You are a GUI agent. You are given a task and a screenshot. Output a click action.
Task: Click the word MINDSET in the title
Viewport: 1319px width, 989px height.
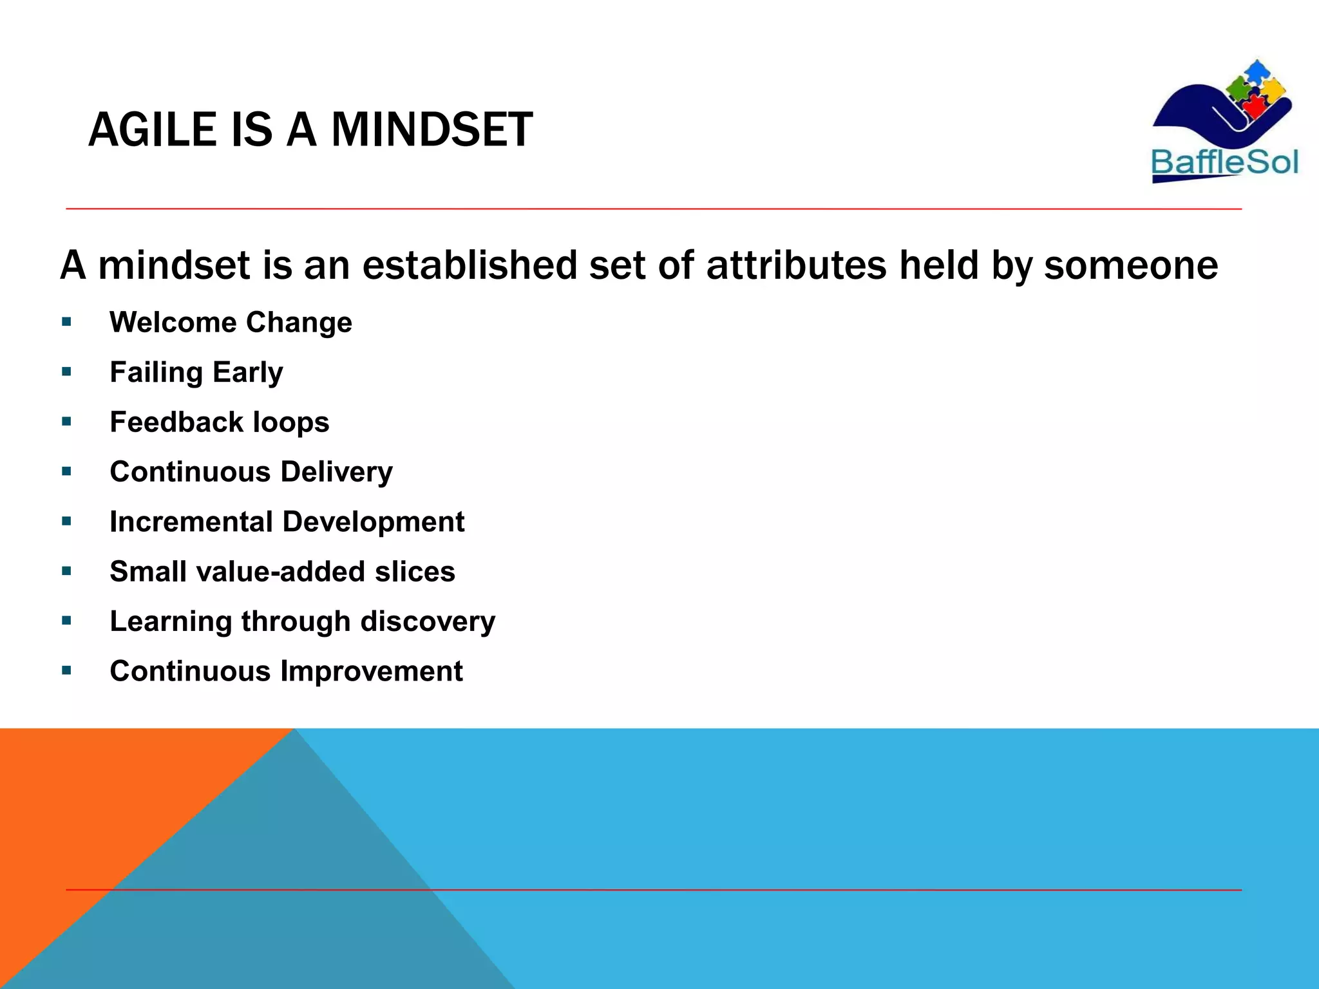pos(432,130)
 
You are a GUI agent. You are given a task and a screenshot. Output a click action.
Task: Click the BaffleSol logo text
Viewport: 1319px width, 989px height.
pos(1224,162)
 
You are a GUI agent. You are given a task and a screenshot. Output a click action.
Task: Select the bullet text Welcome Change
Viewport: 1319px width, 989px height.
pos(231,322)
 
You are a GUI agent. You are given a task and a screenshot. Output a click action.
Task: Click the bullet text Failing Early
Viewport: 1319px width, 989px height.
pos(196,372)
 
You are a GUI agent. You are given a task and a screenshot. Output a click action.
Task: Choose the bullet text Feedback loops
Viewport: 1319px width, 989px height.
pos(219,422)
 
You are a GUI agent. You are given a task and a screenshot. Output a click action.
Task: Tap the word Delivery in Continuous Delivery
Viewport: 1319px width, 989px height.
pos(336,472)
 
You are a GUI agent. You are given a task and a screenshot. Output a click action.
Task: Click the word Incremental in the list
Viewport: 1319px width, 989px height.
pos(191,522)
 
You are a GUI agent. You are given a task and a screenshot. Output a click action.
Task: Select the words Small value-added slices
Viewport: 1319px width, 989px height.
pos(282,572)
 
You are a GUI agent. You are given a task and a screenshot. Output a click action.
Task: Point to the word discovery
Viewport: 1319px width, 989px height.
pos(428,621)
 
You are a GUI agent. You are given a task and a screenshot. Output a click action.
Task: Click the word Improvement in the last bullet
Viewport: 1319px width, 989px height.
pos(371,672)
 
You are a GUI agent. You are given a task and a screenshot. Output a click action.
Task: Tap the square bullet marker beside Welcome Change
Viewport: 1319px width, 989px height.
pos(66,321)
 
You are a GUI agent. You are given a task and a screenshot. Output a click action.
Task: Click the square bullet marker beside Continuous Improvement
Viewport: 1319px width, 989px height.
pos(66,670)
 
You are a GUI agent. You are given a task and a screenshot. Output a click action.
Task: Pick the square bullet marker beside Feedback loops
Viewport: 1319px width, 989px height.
pos(66,422)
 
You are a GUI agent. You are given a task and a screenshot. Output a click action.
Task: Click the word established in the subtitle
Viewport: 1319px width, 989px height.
pos(470,265)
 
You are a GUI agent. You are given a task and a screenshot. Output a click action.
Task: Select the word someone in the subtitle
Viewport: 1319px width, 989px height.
pos(1131,265)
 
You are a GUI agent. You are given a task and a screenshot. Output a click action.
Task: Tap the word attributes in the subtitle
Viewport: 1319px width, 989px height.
pos(796,265)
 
